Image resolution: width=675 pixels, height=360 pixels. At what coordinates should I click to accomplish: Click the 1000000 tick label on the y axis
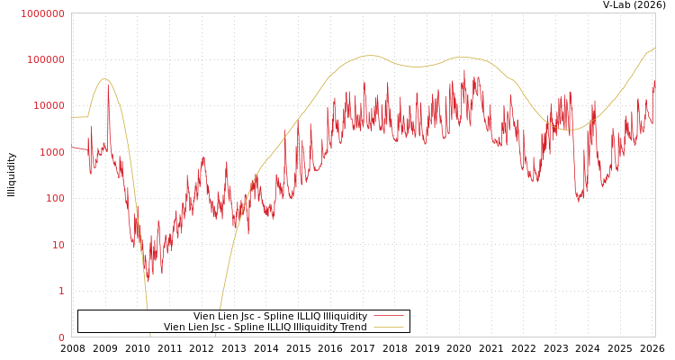(42, 13)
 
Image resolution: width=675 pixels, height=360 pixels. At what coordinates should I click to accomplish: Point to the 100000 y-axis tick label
(45, 59)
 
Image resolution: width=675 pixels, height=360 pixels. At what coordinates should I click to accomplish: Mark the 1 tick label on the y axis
(61, 291)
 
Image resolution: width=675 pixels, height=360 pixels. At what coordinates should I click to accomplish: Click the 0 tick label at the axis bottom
(61, 337)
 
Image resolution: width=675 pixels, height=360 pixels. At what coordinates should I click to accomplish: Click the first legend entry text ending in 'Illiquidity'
(280, 317)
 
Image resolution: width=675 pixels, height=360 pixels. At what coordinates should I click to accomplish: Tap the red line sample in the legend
(388, 317)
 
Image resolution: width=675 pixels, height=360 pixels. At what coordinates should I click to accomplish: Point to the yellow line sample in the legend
(388, 328)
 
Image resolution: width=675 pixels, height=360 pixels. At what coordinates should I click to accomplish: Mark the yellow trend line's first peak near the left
(105, 79)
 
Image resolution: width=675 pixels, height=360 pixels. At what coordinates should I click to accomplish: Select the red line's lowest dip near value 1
(147, 277)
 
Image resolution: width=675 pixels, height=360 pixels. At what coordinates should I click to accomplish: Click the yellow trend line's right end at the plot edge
(654, 49)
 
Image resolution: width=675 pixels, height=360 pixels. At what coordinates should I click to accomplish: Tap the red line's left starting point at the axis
(73, 148)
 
